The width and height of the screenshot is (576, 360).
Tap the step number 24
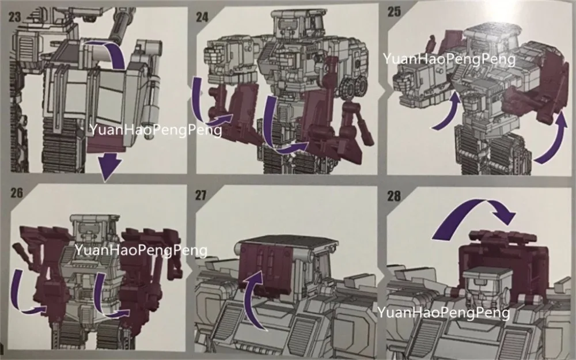[202, 17]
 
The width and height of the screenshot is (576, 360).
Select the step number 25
[394, 12]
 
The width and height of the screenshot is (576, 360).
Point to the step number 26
[17, 193]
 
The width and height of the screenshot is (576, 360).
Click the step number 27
[200, 195]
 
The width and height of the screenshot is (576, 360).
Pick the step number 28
[394, 196]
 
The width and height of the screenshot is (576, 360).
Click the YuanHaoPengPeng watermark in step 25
[449, 59]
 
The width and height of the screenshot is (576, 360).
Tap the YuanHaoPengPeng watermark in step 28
[444, 313]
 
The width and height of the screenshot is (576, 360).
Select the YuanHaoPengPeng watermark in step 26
[141, 250]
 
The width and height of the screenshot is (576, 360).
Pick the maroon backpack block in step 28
[504, 265]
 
